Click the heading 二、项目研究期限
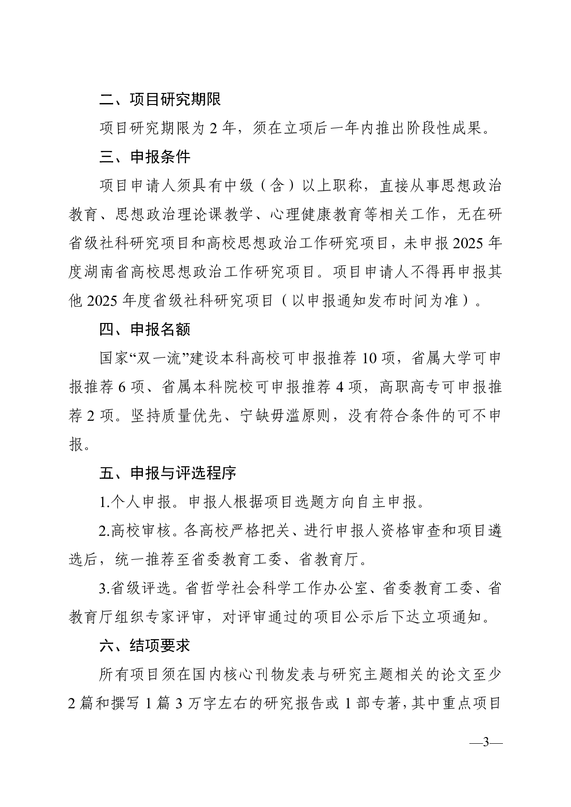160,100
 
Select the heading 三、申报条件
145,157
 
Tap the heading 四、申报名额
145,329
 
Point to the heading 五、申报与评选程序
168,473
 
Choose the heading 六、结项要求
145,646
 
